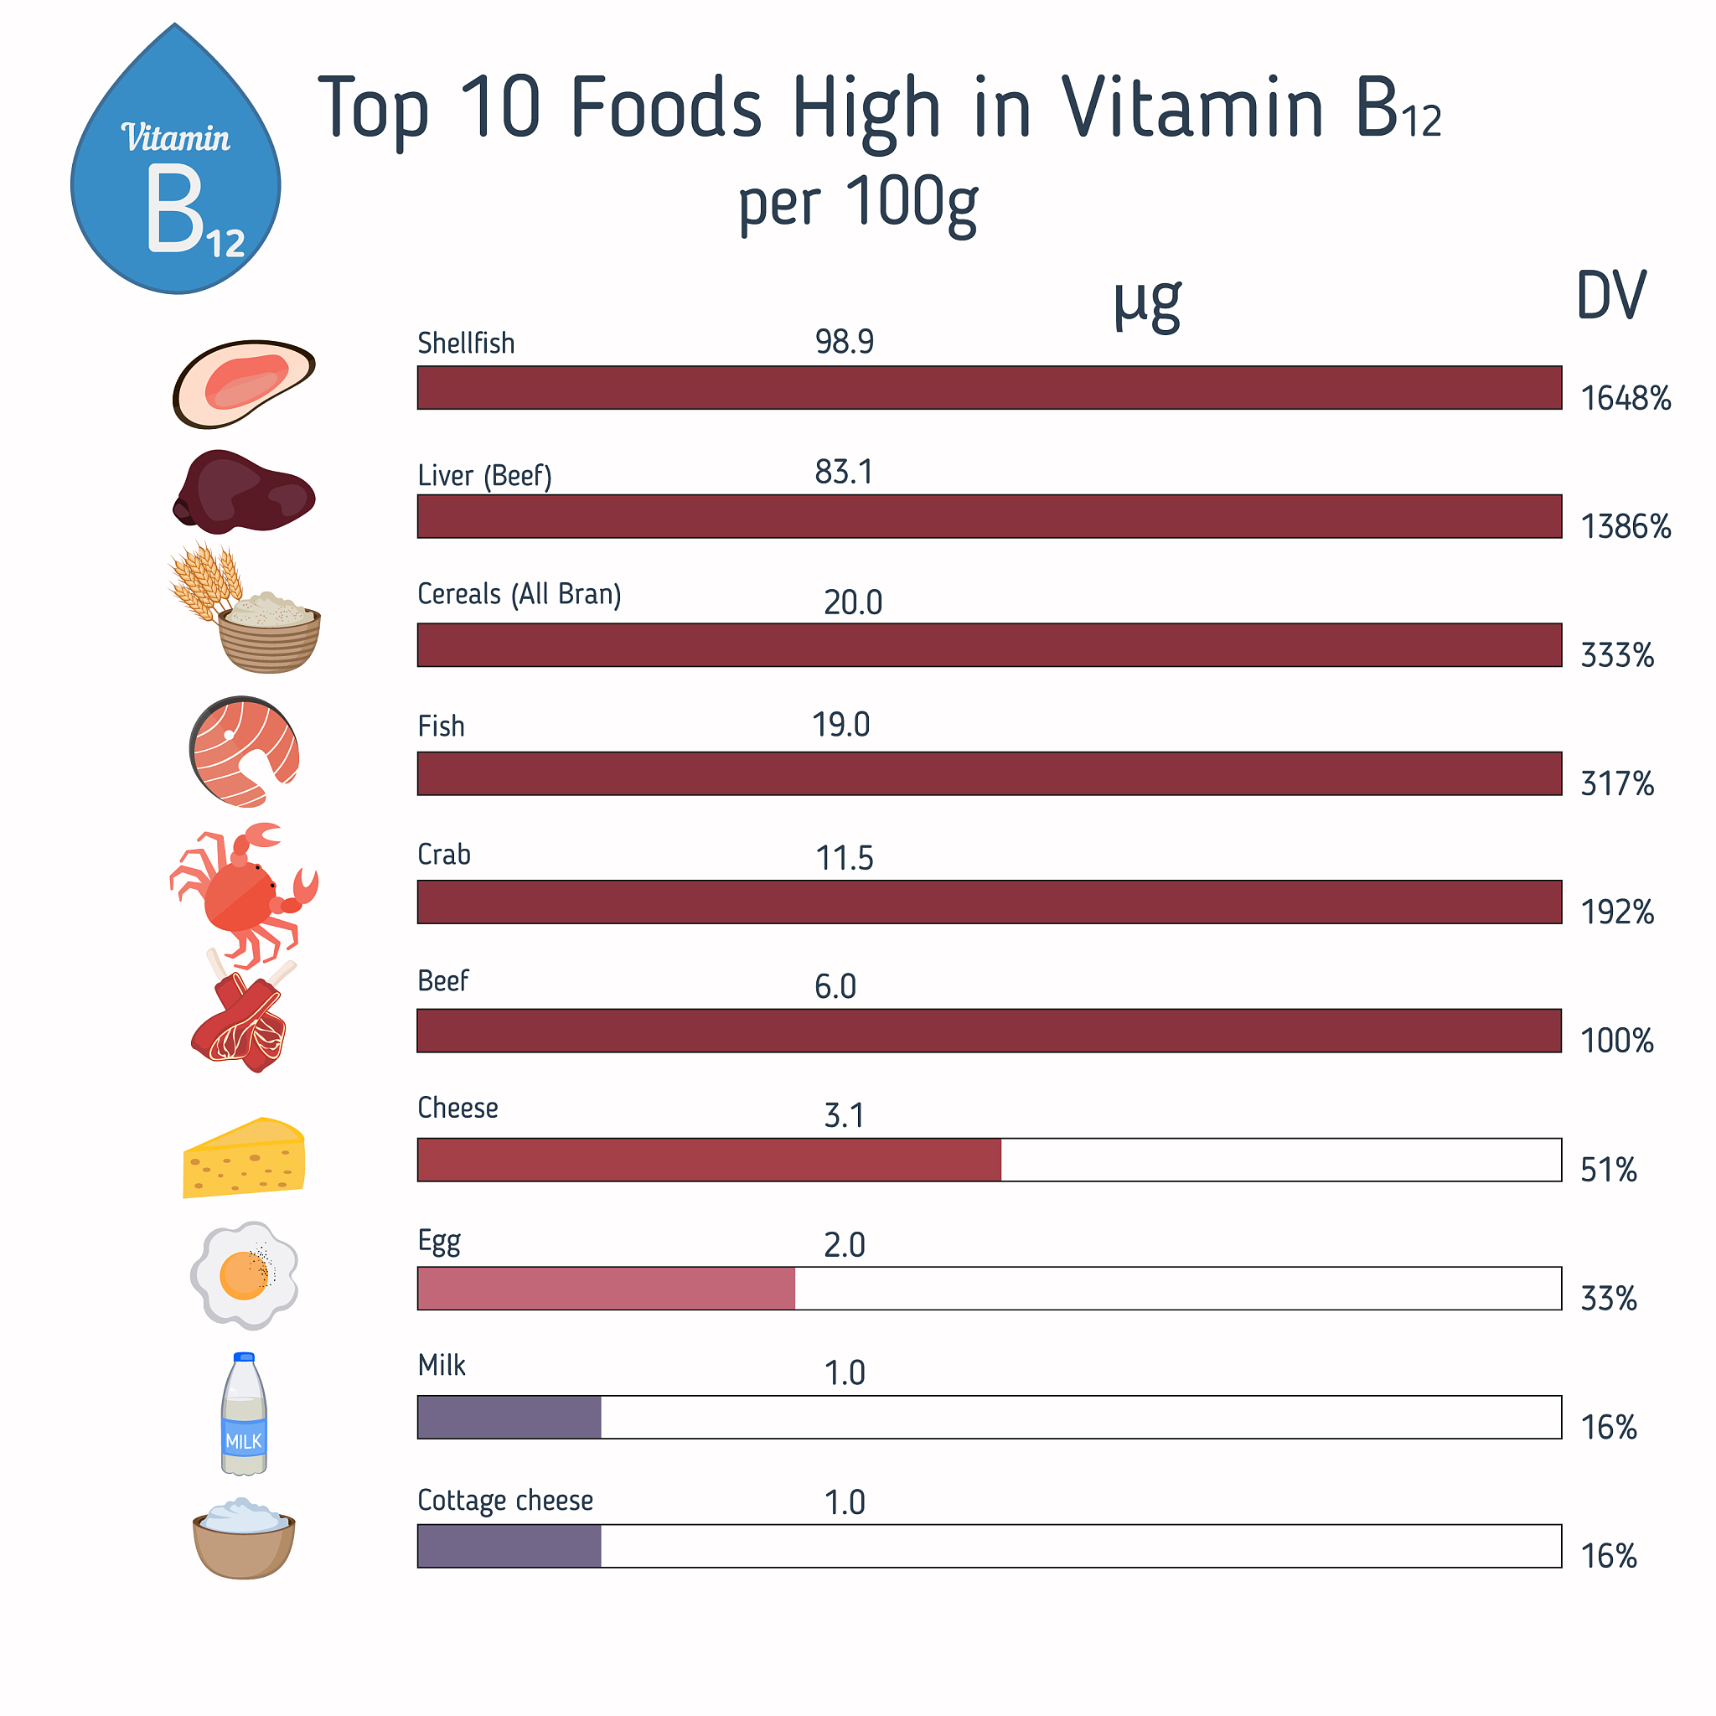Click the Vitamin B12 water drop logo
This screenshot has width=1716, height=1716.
click(x=176, y=168)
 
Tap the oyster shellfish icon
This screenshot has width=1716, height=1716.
click(x=242, y=383)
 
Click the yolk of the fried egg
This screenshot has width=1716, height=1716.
click(x=241, y=1274)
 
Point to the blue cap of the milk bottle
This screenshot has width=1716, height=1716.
click(x=243, y=1357)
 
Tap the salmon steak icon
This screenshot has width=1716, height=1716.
click(x=245, y=752)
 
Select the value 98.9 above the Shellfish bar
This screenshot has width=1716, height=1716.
click(x=844, y=342)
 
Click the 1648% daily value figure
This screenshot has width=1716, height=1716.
click(x=1625, y=399)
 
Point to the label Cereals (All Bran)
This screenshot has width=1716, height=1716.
click(x=519, y=593)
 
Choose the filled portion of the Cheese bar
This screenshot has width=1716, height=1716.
click(x=709, y=1159)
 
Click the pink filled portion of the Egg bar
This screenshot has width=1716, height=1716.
click(x=606, y=1288)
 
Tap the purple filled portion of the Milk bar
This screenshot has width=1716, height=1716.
click(x=509, y=1417)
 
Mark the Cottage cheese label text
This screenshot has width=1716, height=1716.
click(x=504, y=1500)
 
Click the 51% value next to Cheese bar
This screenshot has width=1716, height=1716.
click(x=1608, y=1170)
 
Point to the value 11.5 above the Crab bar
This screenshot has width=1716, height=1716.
click(x=844, y=858)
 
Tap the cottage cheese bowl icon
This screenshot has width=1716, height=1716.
click(x=243, y=1538)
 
